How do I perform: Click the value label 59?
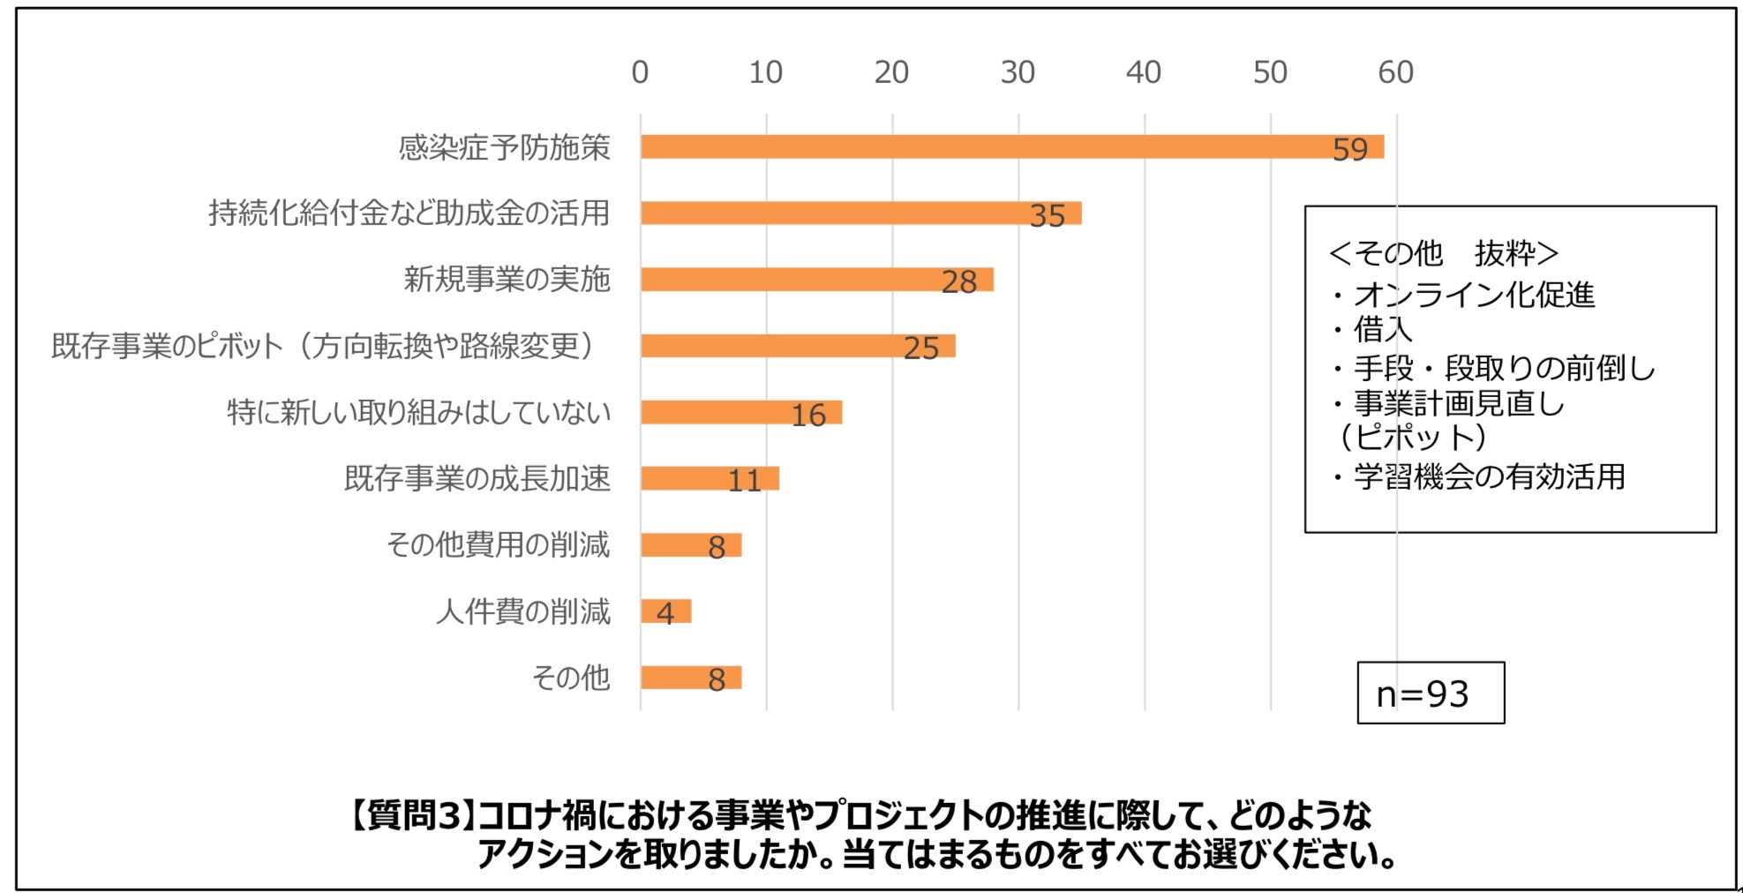[1349, 149]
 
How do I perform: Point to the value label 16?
[808, 415]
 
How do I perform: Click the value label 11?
[744, 481]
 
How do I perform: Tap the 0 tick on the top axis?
[640, 72]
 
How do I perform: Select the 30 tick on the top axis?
[1018, 72]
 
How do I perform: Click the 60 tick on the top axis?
[1395, 72]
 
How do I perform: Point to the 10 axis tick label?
[765, 72]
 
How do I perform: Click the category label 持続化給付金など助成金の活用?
[409, 213]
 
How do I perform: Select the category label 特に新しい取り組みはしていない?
[418, 412]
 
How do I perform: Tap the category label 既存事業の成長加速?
[477, 478]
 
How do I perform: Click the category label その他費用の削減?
[498, 544]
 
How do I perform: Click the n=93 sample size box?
[1430, 694]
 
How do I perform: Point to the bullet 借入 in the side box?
[1382, 330]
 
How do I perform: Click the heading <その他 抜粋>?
[1443, 253]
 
